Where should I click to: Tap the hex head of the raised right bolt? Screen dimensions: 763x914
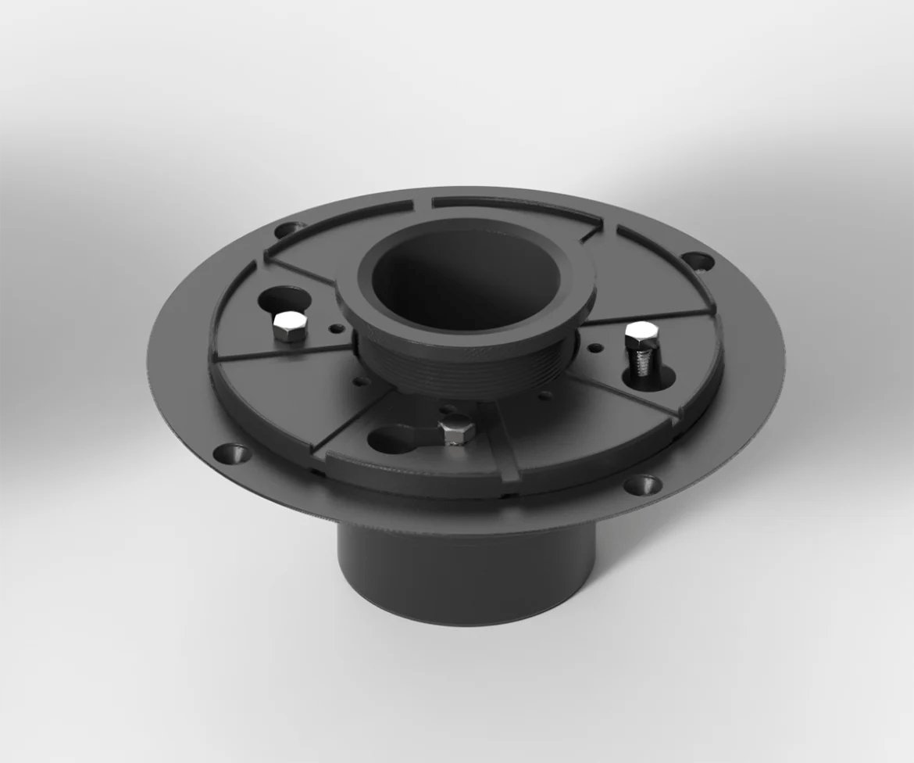click(641, 333)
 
